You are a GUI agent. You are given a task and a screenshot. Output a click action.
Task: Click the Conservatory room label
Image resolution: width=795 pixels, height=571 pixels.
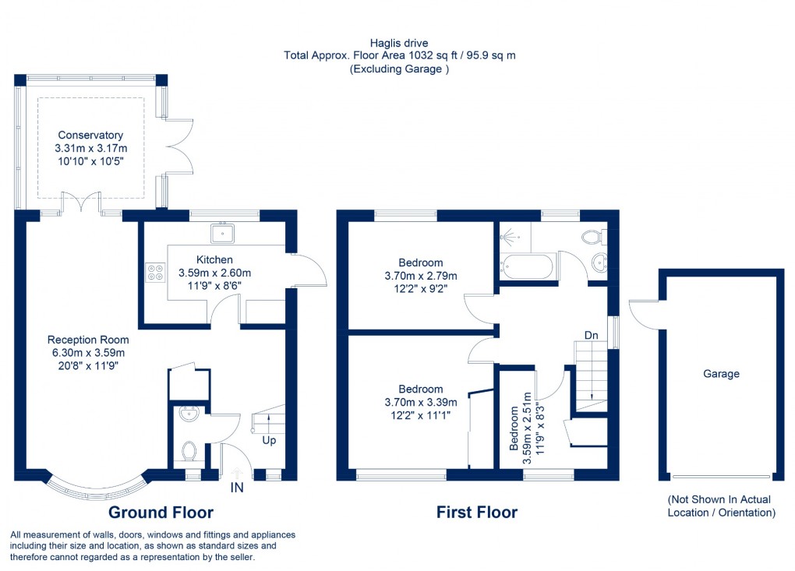coord(90,136)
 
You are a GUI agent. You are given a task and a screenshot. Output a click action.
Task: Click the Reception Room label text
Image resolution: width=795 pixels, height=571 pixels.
coord(88,340)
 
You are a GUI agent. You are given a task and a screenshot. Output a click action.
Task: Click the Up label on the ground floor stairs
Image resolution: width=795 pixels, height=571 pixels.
coord(269,440)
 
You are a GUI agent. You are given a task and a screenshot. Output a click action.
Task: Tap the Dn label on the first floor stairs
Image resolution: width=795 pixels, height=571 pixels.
coord(592,335)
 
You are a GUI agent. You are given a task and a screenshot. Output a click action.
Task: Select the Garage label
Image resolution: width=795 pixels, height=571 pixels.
coord(721,374)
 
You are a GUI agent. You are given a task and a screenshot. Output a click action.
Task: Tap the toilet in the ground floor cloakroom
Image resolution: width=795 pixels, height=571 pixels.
coord(189,450)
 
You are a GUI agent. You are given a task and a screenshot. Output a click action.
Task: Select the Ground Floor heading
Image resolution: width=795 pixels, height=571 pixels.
coord(161,512)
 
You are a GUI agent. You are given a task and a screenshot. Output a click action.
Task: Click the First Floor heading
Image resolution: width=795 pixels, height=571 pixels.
coord(477,512)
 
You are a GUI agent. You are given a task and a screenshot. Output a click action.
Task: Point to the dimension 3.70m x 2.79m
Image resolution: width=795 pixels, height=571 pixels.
coord(421,276)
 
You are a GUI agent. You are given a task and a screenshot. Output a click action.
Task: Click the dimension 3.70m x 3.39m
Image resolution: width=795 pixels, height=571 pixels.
coord(421,402)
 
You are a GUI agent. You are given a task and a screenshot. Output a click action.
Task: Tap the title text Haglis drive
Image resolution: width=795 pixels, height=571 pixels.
coord(400,43)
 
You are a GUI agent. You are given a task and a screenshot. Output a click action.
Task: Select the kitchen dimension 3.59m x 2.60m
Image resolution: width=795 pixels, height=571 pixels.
coord(214,273)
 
